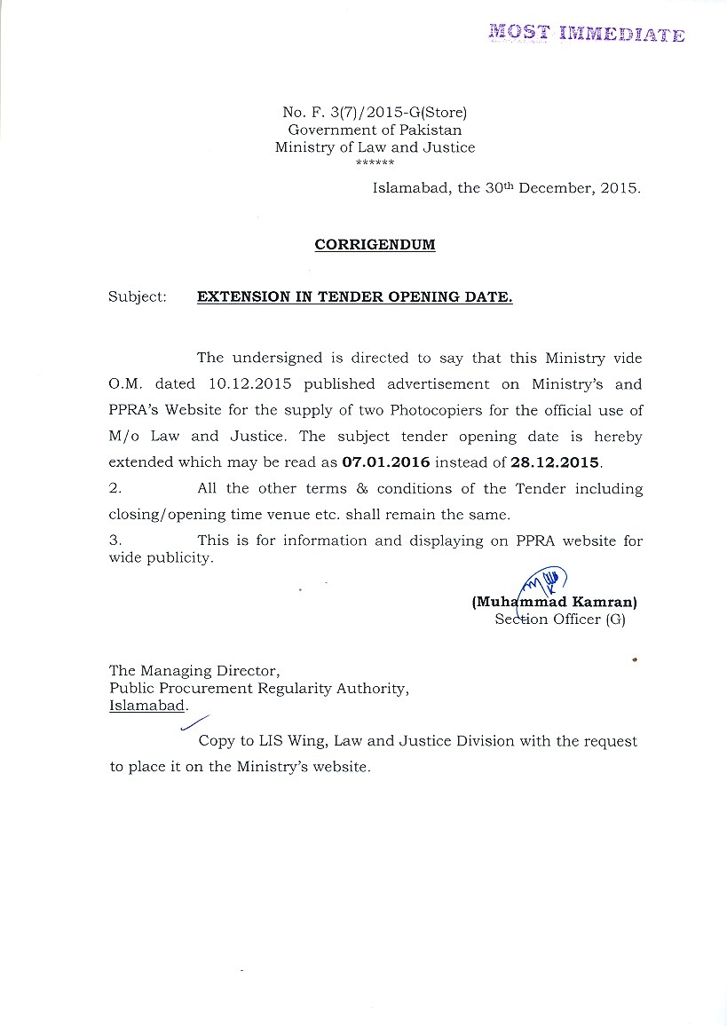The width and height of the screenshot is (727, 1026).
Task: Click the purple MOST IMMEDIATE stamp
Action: pos(587,34)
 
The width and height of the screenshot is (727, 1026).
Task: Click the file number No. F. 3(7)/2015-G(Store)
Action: pos(375,112)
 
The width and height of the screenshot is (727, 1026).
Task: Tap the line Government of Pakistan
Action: pos(375,130)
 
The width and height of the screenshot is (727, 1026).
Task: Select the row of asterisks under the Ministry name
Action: pos(375,163)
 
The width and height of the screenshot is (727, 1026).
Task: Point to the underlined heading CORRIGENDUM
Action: pos(375,245)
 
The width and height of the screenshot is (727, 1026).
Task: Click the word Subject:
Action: pos(138,297)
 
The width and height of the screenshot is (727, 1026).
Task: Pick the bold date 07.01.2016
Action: pos(386,462)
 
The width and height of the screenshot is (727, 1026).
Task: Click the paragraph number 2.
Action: pos(115,489)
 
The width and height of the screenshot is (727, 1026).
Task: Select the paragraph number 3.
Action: pos(115,541)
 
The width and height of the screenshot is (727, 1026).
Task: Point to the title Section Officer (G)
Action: pos(560,620)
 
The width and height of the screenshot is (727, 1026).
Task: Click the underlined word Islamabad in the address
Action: pos(147,706)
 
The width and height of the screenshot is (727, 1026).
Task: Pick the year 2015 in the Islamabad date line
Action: pos(619,188)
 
